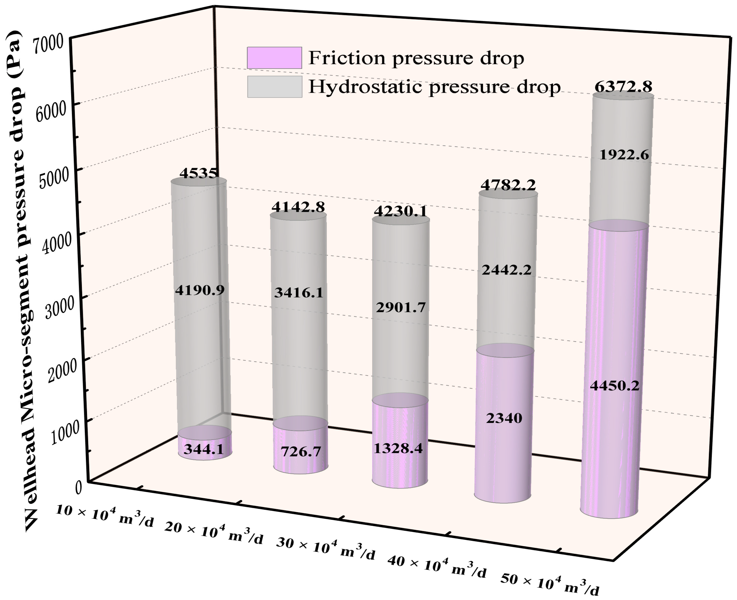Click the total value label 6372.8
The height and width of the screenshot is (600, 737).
click(x=623, y=87)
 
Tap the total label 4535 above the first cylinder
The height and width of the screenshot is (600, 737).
click(x=199, y=173)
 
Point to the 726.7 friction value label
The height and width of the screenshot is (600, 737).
click(x=301, y=451)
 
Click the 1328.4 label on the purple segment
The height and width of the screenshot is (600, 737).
click(x=398, y=448)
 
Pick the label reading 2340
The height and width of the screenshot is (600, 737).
click(x=504, y=418)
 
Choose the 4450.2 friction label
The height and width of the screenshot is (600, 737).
click(x=614, y=385)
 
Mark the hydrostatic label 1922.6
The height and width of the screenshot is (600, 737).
click(x=624, y=155)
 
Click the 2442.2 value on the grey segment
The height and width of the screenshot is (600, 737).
click(x=507, y=270)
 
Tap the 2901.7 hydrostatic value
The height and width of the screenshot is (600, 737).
click(x=400, y=307)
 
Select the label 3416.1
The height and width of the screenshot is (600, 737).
click(x=299, y=293)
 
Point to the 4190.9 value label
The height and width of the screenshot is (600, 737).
click(x=200, y=290)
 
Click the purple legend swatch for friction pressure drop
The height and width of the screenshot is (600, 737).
click(x=274, y=58)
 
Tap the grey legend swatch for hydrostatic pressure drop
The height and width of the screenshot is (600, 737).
click(x=274, y=87)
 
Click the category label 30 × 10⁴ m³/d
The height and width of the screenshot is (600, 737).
click(x=325, y=548)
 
